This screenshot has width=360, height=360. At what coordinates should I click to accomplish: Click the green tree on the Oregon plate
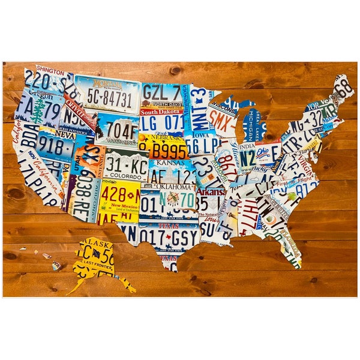[x=40, y=112]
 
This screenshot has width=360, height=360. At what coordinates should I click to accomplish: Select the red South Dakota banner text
[x=162, y=112]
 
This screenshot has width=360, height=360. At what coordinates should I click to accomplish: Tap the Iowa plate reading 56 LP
[x=201, y=144]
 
